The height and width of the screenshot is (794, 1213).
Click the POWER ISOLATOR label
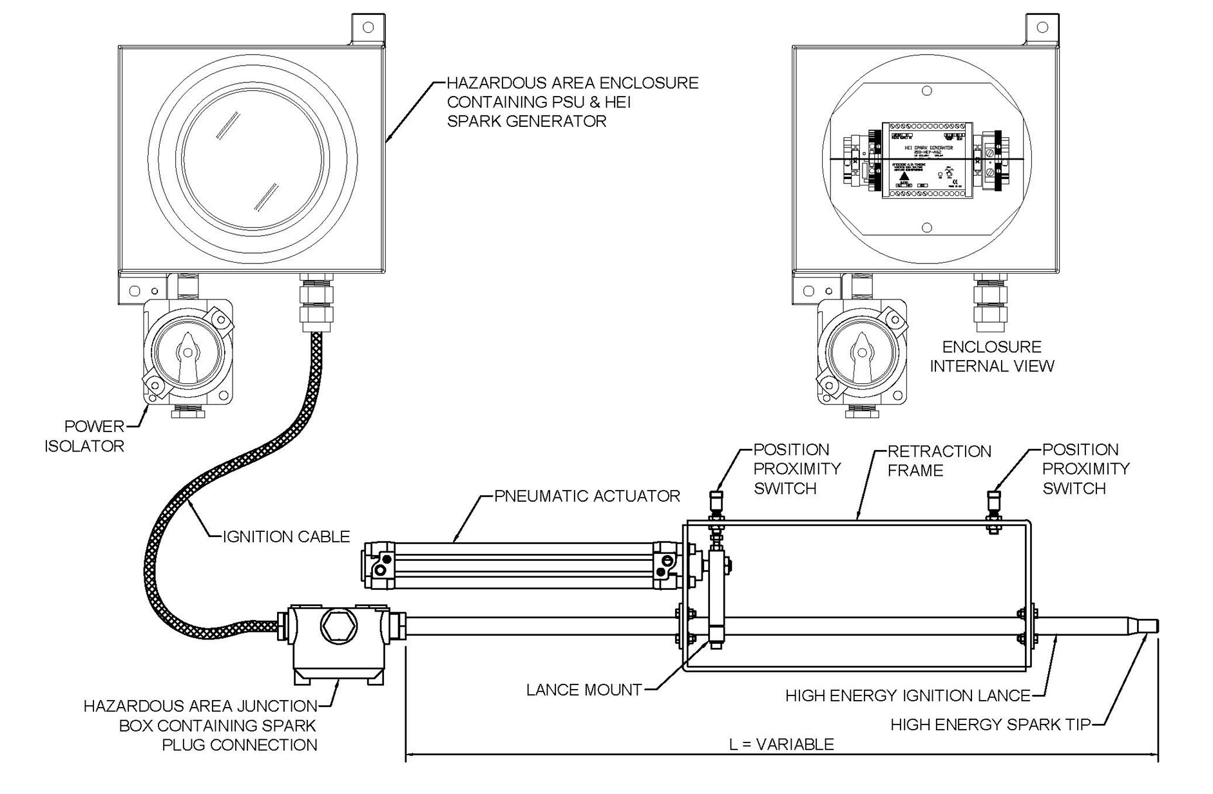click(85, 436)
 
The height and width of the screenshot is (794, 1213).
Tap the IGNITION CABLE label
click(286, 536)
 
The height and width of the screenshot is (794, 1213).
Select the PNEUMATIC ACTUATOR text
click(587, 496)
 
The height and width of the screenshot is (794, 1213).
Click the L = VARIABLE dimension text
click(781, 744)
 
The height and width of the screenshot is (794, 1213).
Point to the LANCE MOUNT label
click(584, 690)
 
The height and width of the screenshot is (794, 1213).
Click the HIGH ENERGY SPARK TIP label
click(990, 724)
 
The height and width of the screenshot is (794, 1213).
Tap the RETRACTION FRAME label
click(939, 460)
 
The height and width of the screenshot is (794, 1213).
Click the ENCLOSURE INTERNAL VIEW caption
click(991, 356)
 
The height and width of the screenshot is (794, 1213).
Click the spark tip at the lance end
click(1149, 625)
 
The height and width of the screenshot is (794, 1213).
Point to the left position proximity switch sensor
click(716, 500)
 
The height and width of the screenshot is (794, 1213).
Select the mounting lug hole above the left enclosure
click(368, 28)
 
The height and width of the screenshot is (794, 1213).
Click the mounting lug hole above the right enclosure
click(1042, 28)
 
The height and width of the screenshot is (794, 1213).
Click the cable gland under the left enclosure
click(317, 303)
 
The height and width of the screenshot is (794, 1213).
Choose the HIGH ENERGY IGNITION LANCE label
click(908, 695)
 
